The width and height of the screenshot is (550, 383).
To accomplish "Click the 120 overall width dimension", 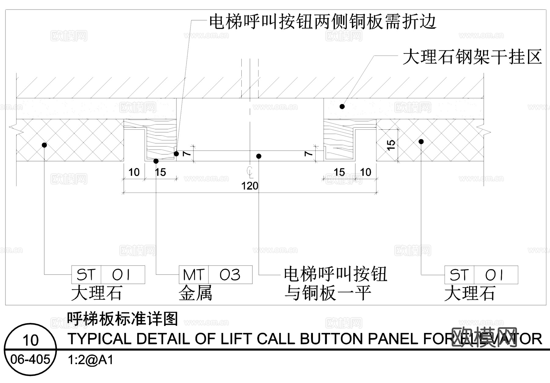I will point(250,186).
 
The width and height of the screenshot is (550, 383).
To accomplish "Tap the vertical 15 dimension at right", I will point(391,145).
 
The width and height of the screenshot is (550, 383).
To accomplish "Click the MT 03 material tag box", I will point(215,275).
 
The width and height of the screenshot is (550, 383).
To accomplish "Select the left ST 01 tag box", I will point(108,275).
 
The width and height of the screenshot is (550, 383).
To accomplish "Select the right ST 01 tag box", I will point(481,275).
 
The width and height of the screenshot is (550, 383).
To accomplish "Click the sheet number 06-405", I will point(30,360).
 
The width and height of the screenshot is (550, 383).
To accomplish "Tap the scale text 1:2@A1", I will point(90,360).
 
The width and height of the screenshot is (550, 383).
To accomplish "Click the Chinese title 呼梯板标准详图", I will point(123,319).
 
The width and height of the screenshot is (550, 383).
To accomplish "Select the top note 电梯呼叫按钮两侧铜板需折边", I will point(322,22).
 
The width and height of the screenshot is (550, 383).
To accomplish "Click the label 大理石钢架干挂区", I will point(472,57).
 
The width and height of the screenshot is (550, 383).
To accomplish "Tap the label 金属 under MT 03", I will point(195,293).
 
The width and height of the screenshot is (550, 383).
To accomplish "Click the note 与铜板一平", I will point(328,293).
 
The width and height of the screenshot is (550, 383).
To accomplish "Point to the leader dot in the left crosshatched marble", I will point(44,145).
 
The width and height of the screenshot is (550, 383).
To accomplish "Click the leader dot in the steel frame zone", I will point(342,107).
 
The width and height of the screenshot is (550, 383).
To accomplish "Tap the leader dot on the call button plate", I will point(259,156).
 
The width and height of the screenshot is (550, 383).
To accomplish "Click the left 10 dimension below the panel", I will point(134,172).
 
